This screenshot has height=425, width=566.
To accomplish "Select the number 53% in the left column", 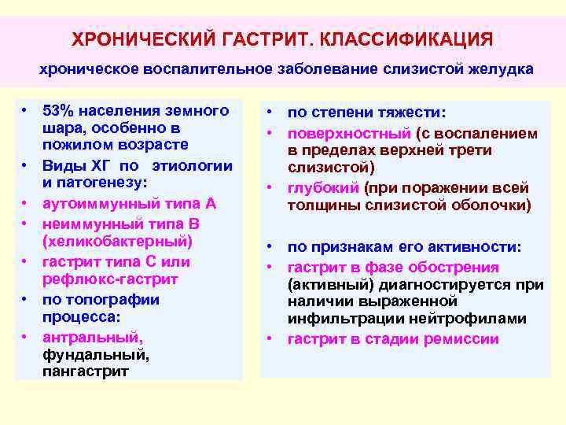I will (57, 109).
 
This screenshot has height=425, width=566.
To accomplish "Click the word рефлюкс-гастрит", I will (110, 279).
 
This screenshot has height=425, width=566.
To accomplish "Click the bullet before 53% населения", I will (25, 109).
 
